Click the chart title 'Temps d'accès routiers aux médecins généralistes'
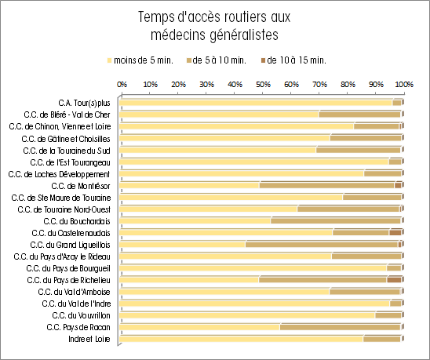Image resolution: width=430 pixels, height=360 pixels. click(214, 26)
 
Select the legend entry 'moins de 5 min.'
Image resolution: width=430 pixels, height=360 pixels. click(140, 60)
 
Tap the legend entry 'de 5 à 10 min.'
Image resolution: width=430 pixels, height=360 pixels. click(216, 60)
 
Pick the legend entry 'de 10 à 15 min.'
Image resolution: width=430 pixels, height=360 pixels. click(293, 60)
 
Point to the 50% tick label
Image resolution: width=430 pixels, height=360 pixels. click(263, 85)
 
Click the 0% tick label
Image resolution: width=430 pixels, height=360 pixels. click(122, 85)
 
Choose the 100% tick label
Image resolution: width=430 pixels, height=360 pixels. click(404, 85)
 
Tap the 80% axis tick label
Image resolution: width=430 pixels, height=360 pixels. click(348, 85)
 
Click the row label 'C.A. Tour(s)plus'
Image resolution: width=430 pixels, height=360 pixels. click(84, 103)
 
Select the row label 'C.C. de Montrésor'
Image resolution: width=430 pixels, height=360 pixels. click(81, 186)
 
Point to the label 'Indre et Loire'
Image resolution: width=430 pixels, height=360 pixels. click(89, 339)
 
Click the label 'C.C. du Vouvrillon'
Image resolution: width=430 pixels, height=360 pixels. click(81, 315)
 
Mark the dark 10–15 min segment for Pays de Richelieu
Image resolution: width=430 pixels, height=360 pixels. click(394, 280)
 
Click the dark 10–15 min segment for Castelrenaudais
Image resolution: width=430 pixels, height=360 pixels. click(395, 233)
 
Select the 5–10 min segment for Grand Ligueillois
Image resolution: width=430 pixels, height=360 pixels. click(322, 245)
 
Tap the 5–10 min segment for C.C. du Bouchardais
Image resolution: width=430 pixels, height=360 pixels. click(336, 221)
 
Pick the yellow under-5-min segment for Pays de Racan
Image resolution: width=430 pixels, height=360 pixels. click(199, 327)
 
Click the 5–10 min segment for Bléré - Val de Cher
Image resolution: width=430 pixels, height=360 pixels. click(359, 115)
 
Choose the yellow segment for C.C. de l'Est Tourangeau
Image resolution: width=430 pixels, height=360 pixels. click(254, 162)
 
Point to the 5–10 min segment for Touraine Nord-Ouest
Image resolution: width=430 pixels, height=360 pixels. click(348, 209)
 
